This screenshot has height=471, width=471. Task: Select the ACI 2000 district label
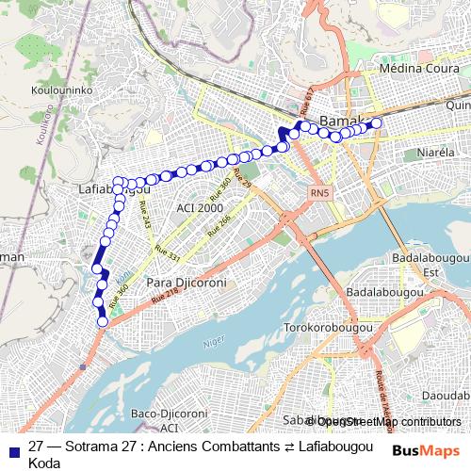[x=200, y=207]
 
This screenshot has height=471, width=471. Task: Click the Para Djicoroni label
[x=185, y=282]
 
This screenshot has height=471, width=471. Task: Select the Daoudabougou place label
[x=444, y=395]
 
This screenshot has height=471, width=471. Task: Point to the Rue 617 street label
[x=306, y=109]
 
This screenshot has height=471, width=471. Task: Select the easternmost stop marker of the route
[x=376, y=122]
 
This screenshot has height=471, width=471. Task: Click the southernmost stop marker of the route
[x=103, y=323]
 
